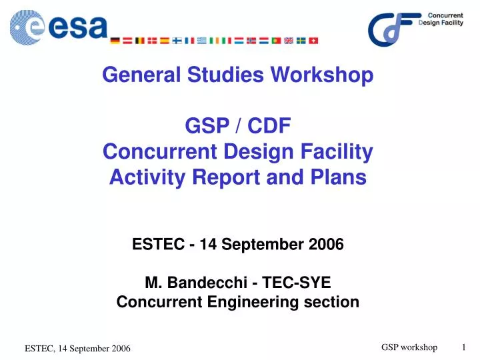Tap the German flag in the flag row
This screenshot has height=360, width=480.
click(x=115, y=41)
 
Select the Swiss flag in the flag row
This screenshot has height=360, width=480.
click(x=314, y=41)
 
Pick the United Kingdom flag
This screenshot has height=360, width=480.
click(x=289, y=41)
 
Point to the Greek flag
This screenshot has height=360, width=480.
click(x=202, y=41)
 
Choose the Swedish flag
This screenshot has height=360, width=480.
click(x=301, y=41)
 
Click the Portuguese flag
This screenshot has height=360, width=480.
click(x=277, y=41)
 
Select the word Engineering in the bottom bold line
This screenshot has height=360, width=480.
click(x=266, y=302)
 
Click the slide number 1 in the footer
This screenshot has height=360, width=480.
click(x=464, y=347)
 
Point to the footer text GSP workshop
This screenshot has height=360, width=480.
click(x=409, y=347)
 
